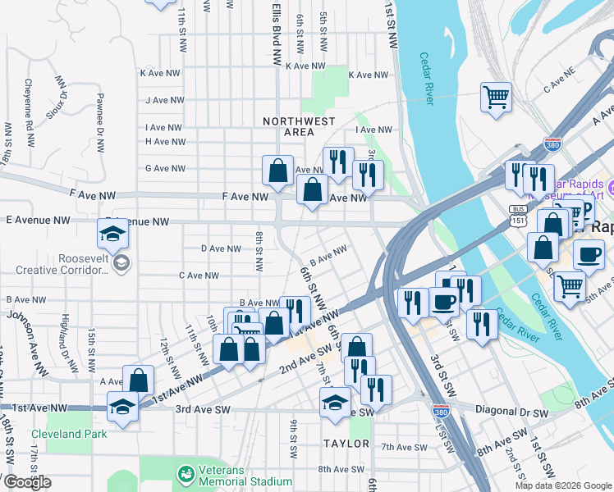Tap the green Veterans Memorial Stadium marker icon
point(186,474)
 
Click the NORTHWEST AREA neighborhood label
point(299,126)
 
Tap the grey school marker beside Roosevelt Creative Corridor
point(121,263)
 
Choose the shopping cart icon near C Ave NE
point(496,97)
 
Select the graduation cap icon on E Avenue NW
point(112,235)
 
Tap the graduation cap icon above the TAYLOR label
point(335,403)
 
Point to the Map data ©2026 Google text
point(563,485)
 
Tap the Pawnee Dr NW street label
point(99,134)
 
